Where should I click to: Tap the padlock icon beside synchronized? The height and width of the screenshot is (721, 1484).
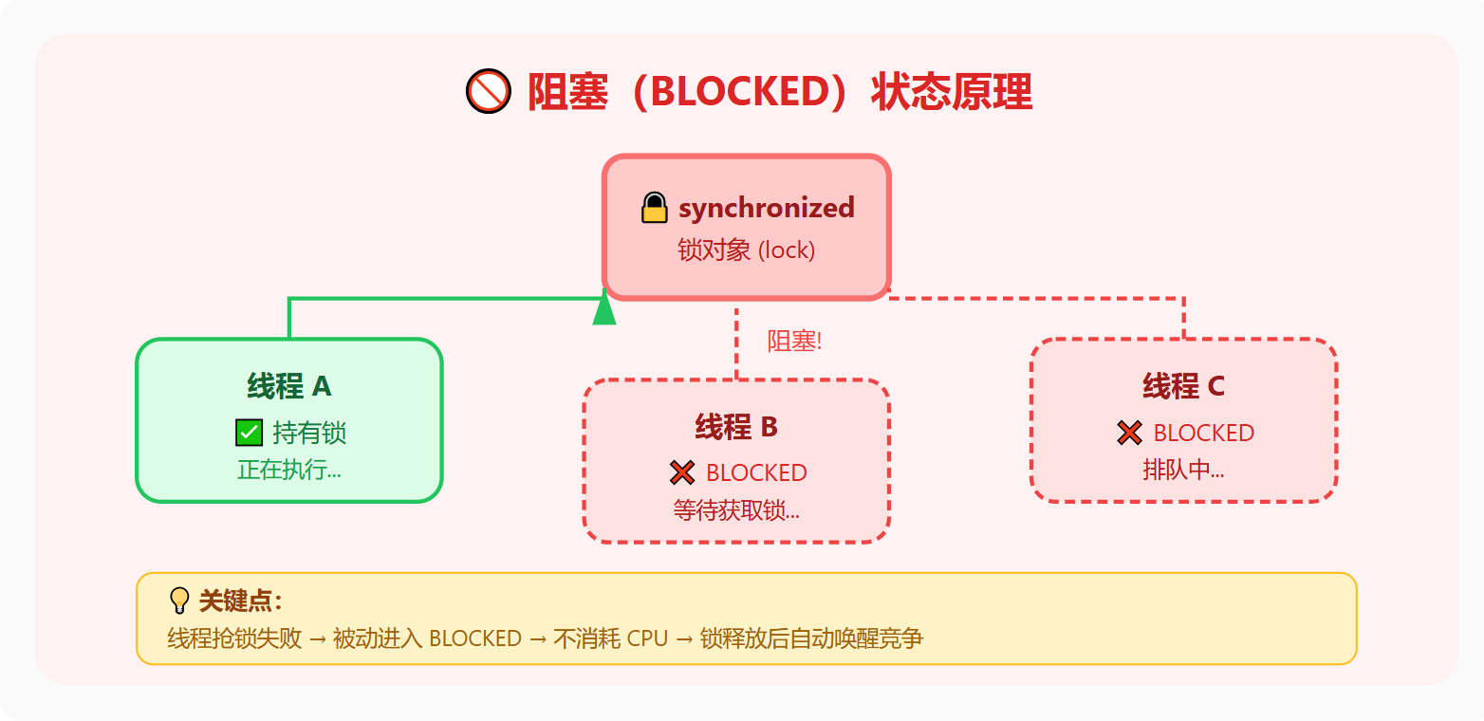tap(655, 208)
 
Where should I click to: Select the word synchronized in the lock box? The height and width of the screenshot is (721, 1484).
tap(766, 208)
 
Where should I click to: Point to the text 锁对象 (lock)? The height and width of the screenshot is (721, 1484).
tap(746, 250)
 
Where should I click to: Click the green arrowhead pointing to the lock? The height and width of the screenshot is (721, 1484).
tap(604, 310)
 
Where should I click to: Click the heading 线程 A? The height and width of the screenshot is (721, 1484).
tap(288, 386)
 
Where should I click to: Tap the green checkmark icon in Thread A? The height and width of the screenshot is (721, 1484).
tap(249, 433)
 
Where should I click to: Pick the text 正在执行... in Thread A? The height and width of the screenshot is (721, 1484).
tap(288, 470)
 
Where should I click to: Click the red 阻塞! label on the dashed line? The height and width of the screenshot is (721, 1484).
tap(794, 342)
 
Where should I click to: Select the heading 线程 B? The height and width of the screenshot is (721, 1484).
tap(736, 427)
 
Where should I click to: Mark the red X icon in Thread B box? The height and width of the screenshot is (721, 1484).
tap(682, 472)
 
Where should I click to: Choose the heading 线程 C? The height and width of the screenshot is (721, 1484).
tap(1183, 386)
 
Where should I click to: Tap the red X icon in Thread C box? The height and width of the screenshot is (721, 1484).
tap(1129, 433)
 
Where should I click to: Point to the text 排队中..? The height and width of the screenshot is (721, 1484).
tap(1183, 470)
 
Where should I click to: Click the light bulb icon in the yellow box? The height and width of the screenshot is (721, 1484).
tap(179, 601)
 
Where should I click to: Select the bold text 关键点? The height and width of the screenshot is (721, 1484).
tap(240, 601)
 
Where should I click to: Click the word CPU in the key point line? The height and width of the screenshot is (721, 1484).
tap(648, 638)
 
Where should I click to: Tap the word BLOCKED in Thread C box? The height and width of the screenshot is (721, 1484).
tap(1203, 433)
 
